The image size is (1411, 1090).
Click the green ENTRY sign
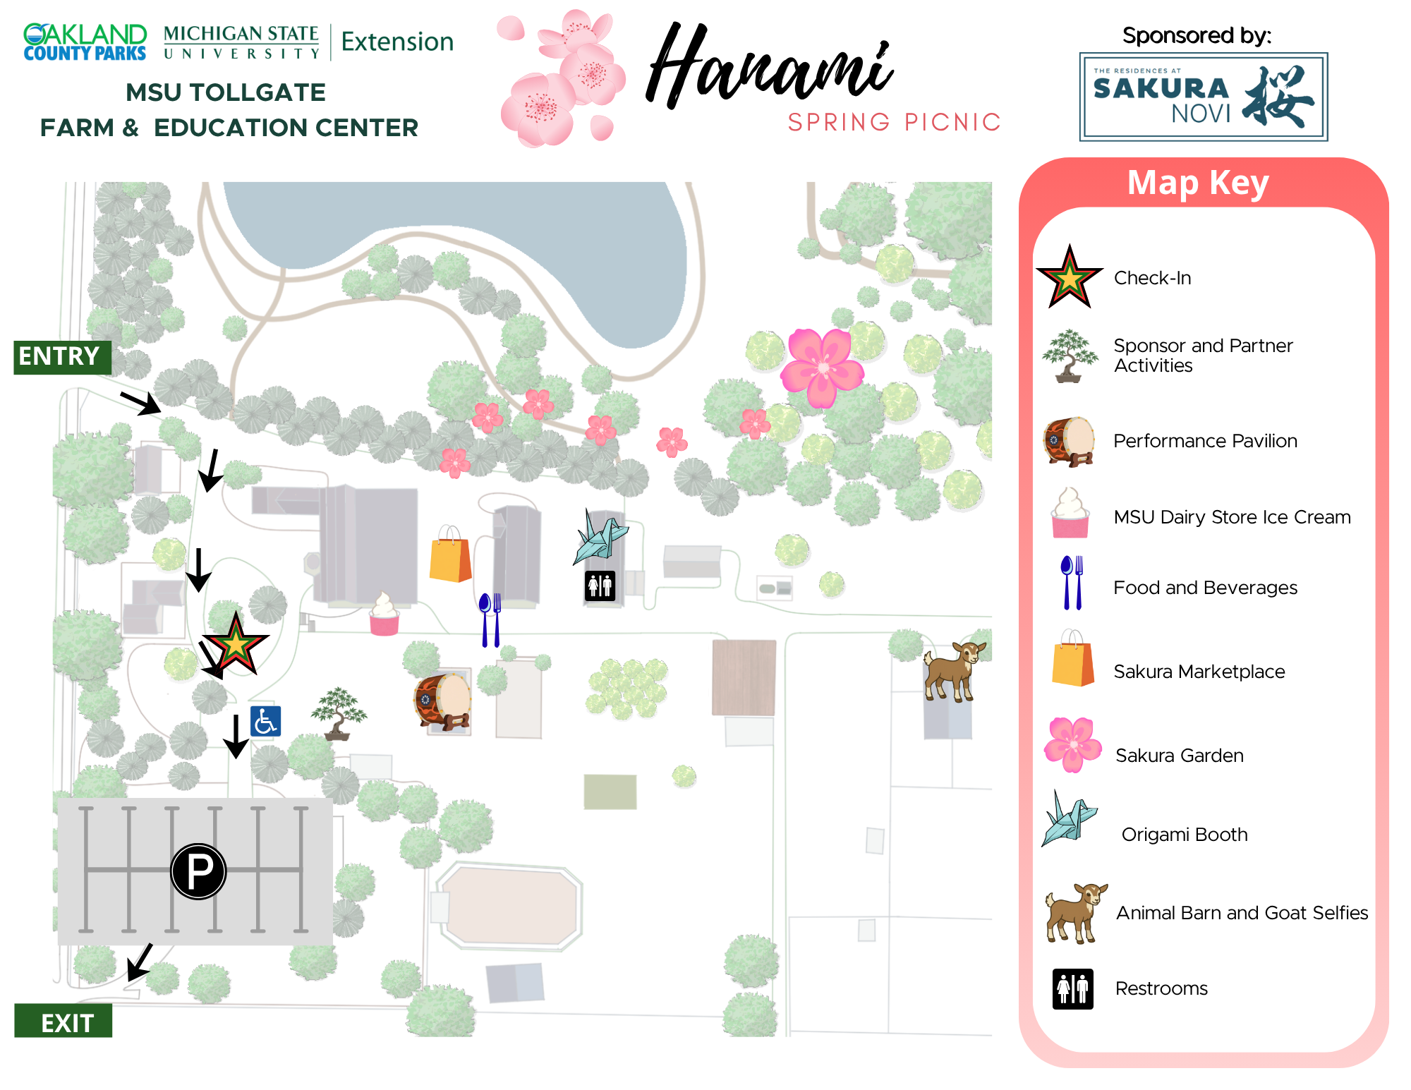click(62, 357)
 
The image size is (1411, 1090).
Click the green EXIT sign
click(63, 1021)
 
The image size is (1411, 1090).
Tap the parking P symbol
click(198, 871)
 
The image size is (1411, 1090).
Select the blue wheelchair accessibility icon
click(265, 721)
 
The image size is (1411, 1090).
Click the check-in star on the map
click(235, 644)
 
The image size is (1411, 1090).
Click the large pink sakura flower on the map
click(822, 367)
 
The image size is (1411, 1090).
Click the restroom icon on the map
click(600, 586)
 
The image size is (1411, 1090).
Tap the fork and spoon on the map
click(490, 619)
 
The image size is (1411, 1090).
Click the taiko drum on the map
click(442, 701)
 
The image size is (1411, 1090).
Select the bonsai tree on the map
click(339, 713)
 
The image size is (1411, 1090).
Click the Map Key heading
click(1197, 183)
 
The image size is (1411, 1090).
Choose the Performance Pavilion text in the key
click(1204, 441)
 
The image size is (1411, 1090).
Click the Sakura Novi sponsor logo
click(1203, 97)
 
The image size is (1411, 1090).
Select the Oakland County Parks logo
click(85, 42)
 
